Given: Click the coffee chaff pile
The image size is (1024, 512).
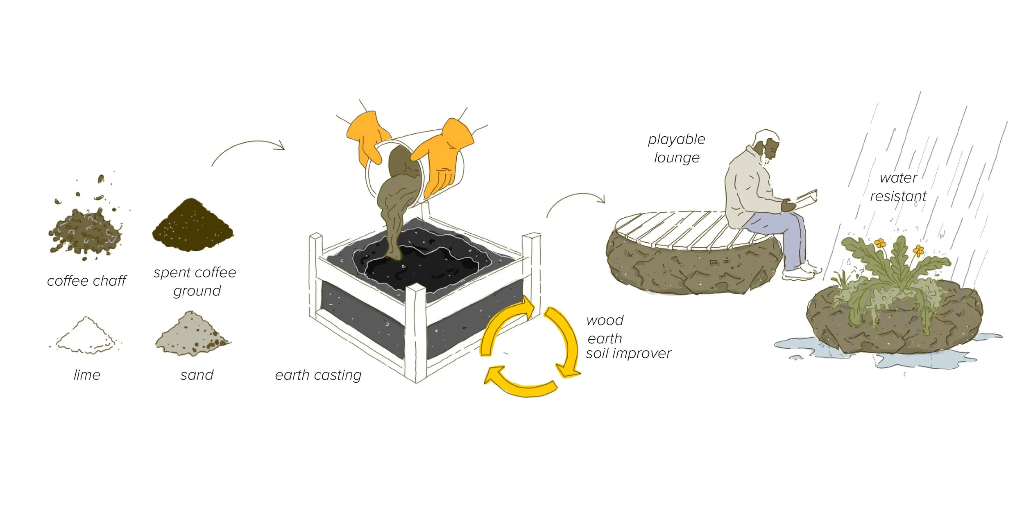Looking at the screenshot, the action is point(85,231).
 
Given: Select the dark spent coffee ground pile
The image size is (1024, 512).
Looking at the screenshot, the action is point(193,227).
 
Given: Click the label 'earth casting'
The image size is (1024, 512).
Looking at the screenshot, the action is point(318,375).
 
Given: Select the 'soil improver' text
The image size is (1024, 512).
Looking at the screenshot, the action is point(628,354).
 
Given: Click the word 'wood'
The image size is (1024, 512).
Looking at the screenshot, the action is point(605,320).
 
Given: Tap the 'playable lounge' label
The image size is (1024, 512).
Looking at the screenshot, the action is point(677,148).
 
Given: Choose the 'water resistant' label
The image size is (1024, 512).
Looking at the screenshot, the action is point(898,187).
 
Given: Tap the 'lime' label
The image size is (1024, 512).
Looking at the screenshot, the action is point(87,375).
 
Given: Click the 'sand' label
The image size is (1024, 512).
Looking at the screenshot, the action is point(197,375).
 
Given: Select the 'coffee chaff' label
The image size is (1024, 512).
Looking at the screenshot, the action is point(87,281).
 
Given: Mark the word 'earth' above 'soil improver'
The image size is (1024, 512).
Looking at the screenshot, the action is point(605,339).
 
